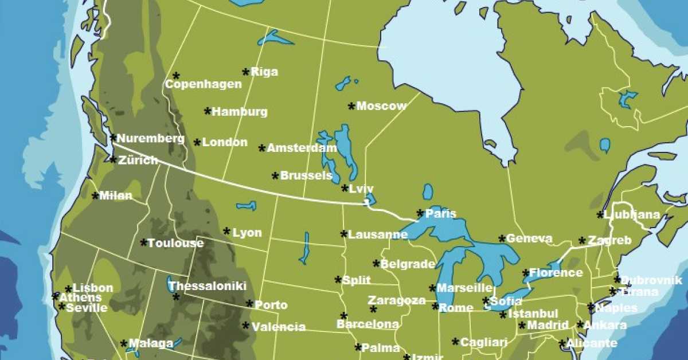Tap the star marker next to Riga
[246, 72]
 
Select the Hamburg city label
[240, 112]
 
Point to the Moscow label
[381, 106]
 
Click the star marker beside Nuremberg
[113, 138]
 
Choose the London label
[225, 142]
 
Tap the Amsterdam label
[302, 148]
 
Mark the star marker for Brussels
[275, 176]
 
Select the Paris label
[441, 214]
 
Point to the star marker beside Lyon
[227, 232]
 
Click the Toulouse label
[175, 243]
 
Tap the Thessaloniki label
[208, 286]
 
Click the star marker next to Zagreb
[583, 241]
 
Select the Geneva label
[529, 238]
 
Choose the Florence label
[556, 273]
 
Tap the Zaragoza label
[397, 300]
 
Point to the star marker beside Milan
[95, 196]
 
